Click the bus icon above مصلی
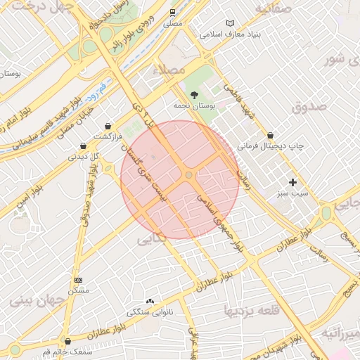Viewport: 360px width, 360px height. [x=173, y=13]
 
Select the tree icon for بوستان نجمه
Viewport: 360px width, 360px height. [x=194, y=94]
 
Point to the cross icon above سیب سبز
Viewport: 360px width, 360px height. [x=292, y=182]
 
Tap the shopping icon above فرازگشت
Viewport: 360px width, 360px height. [x=107, y=126]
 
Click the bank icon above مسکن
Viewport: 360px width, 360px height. [x=78, y=280]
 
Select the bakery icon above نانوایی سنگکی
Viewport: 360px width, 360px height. [x=149, y=301]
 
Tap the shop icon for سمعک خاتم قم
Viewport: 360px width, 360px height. [x=67, y=341]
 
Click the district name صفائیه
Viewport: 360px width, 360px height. [x=273, y=9]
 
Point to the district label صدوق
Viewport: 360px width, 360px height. [x=309, y=107]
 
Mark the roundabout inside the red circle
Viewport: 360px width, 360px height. [x=188, y=174]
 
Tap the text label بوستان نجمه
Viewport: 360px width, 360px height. [x=194, y=105]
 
